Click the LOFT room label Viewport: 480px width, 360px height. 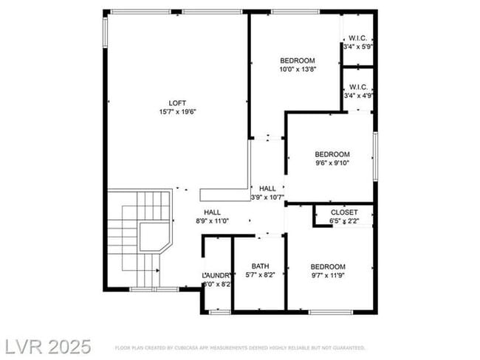coord(177,103)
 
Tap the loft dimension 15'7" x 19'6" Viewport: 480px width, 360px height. coord(177,112)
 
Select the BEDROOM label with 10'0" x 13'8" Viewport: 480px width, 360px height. coord(298,60)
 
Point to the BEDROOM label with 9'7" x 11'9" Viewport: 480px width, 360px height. coord(327,266)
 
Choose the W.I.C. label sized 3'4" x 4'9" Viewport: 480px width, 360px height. coord(358,86)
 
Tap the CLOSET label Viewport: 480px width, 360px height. coord(344,212)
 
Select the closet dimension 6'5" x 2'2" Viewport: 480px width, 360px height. coord(344,221)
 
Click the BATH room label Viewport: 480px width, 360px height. coord(260,266)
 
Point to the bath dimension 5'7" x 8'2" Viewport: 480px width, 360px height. coord(260,275)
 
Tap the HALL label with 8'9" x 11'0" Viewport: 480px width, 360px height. coord(212,212)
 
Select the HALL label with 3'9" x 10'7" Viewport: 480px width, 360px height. coord(267,189)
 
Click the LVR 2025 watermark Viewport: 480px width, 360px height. coord(48,346)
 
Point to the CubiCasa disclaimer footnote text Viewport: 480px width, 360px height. coord(240,347)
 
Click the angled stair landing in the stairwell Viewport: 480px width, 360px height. coord(154,237)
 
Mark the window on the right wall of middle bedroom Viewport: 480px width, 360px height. coord(375,155)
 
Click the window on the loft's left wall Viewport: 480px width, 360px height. coord(105,31)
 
